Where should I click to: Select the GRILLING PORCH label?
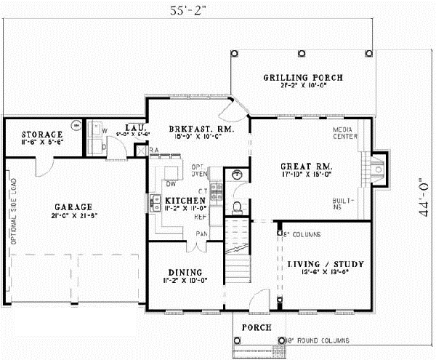tap(302, 78)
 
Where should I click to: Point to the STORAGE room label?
tap(41, 135)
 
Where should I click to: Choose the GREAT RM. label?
tap(307, 165)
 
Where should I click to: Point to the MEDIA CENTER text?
tap(344, 132)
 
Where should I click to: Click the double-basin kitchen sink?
tap(156, 202)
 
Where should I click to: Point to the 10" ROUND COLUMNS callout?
tap(318, 340)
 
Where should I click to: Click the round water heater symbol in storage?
tap(75, 125)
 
